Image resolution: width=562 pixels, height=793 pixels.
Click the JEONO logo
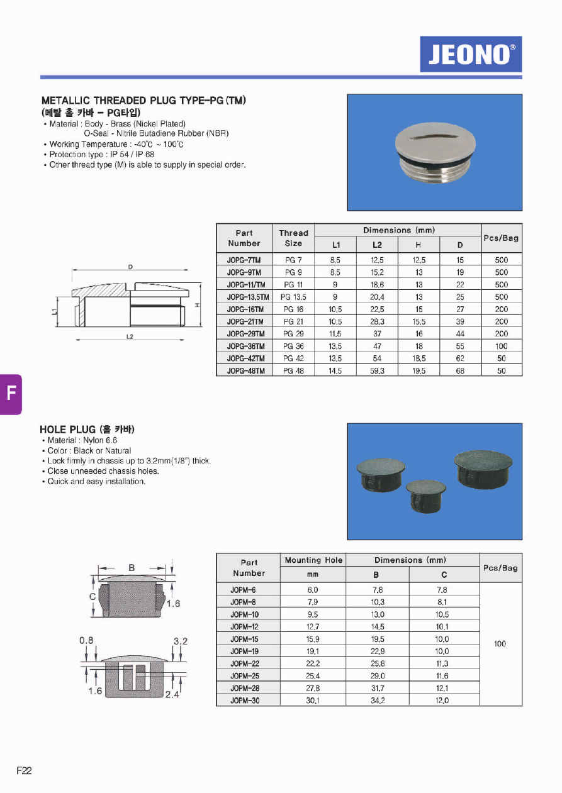point(471,54)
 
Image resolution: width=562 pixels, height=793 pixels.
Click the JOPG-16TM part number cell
point(244,309)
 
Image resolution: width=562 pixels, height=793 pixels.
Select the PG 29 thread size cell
point(293,334)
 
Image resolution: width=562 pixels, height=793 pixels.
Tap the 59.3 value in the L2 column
point(377,371)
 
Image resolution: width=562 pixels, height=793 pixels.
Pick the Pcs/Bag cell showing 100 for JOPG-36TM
point(501,347)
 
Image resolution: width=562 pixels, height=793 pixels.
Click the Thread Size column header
point(293,238)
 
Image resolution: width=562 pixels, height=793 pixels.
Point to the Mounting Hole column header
point(313,560)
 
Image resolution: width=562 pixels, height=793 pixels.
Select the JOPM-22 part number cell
point(245,663)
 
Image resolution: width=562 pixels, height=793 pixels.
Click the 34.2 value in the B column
point(377,701)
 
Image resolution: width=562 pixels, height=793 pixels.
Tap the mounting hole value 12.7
point(313,627)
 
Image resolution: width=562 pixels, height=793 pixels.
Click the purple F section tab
point(11,394)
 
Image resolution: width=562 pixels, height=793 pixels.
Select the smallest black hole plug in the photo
point(425,494)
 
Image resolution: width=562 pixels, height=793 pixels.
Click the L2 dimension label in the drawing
point(130,337)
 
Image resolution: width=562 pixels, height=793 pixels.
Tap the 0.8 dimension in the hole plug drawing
point(86,641)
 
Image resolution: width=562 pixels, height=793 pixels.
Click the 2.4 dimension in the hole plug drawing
point(171,694)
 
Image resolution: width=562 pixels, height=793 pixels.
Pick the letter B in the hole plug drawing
point(132,567)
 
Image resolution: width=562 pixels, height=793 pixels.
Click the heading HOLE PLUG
point(87,430)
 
